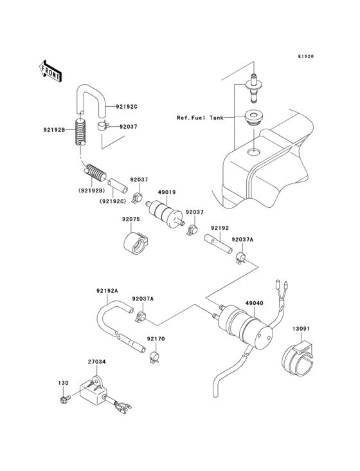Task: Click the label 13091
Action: (x=302, y=329)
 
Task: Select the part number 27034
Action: (x=97, y=362)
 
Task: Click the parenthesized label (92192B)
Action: (x=91, y=191)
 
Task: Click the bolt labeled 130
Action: (x=64, y=400)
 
